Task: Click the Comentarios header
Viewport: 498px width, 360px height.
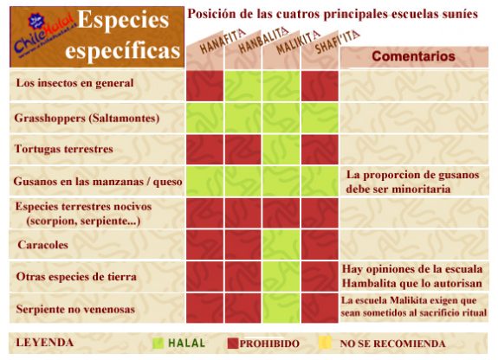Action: pos(412,57)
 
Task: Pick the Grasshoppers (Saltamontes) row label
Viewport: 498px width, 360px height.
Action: pos(87,118)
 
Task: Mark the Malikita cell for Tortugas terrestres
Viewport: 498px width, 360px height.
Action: pos(281,149)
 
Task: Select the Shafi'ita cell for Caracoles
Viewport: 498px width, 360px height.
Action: pos(320,245)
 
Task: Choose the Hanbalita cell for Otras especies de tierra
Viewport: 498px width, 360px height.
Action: pos(243,277)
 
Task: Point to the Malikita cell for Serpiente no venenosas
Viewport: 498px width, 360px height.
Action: pos(281,308)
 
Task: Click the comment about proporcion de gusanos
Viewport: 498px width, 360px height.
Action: pos(412,181)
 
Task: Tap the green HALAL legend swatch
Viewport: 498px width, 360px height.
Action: pos(158,344)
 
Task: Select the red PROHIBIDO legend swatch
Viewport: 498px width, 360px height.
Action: pos(232,344)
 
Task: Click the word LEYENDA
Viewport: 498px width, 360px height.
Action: pos(45,343)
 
